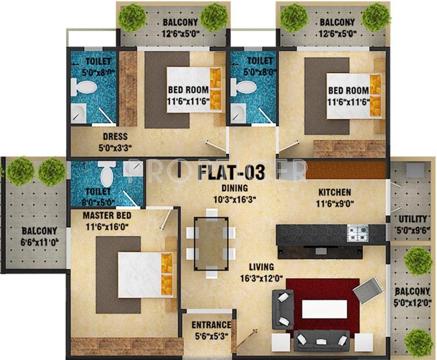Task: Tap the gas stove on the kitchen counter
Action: coord(358,234)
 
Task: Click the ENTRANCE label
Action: coord(208,324)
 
